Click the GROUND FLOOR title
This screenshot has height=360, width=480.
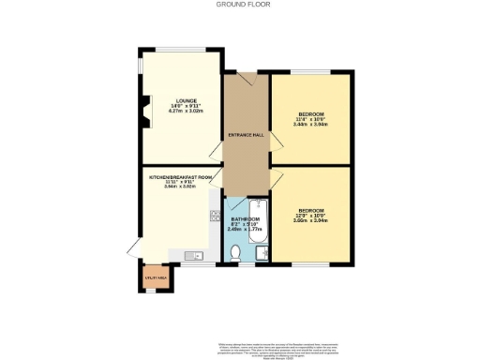[240, 5]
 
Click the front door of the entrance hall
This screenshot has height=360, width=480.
[246, 81]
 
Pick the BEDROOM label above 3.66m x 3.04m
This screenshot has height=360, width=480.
[310, 209]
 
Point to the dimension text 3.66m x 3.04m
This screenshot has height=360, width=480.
[310, 220]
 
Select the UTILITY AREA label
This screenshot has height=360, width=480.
[156, 277]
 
